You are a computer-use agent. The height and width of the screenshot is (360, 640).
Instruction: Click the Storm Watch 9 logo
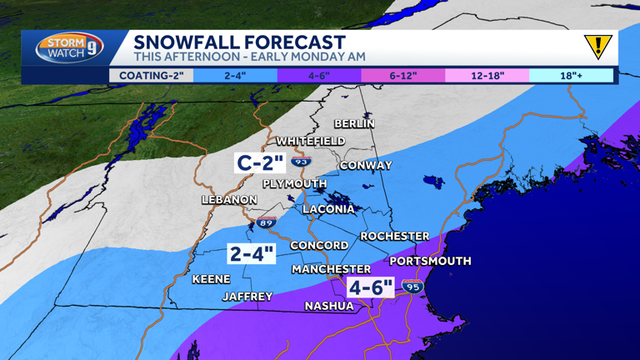coord(70,47)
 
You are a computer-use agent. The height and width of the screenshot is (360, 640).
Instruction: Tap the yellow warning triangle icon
coord(597,47)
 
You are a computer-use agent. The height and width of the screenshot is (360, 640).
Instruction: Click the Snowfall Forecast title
coord(239,42)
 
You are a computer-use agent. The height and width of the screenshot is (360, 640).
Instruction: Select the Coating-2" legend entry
coord(151,76)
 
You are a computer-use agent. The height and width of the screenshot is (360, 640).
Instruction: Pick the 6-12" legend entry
coord(402,76)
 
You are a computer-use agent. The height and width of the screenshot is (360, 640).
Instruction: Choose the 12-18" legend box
coord(487,76)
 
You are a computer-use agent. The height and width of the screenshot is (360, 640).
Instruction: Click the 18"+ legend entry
coord(571,76)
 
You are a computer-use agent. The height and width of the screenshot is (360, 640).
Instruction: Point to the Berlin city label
coord(354,123)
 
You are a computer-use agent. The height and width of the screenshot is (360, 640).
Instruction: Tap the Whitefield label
coord(310,141)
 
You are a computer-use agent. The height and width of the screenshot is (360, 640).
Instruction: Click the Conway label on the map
coord(366,165)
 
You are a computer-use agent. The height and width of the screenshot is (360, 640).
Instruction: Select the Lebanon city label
coord(229,200)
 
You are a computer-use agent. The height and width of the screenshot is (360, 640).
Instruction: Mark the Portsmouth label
coord(430,261)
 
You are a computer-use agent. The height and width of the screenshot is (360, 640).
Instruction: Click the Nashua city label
coord(329,306)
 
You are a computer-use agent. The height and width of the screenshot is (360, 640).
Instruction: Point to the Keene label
coord(211,279)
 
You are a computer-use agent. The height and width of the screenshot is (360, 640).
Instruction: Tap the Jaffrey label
coord(247,297)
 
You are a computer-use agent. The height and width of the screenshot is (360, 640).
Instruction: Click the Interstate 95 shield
coord(412,287)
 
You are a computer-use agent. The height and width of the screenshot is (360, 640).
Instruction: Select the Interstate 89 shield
coord(266,222)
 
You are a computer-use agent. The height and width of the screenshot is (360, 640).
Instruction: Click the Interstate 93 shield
coord(301,160)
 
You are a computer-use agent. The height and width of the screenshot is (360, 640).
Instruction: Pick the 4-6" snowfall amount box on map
coord(371,288)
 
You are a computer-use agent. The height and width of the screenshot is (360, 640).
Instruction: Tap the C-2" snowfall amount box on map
coord(261,162)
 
